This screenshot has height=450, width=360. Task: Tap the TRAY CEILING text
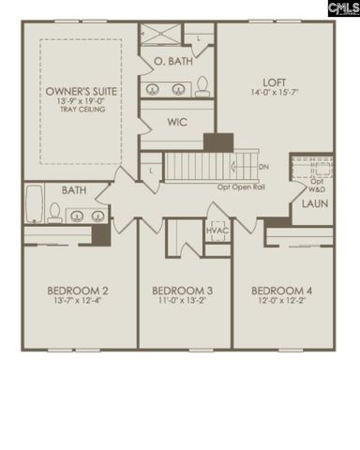click(81, 110)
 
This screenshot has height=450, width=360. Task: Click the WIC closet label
click(177, 122)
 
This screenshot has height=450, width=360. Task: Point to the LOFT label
click(274, 82)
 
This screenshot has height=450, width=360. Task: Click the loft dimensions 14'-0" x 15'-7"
click(274, 93)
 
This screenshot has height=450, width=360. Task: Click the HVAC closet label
click(217, 228)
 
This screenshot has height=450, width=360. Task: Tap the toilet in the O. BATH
click(202, 88)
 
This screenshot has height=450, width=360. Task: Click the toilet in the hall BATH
click(55, 214)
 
